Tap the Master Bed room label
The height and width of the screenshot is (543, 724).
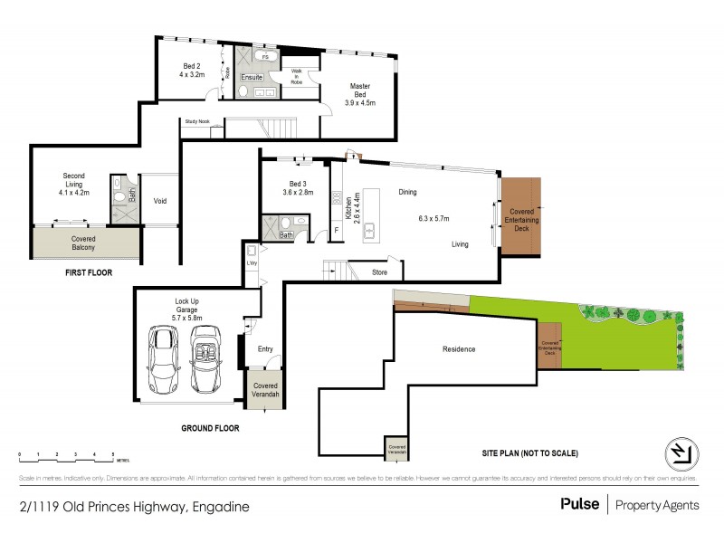pos(362,95)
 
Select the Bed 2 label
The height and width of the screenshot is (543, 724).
pos(192,71)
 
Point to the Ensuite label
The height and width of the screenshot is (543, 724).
pos(252,78)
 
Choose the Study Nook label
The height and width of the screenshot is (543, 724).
pos(196,120)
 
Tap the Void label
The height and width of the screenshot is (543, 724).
pos(160,201)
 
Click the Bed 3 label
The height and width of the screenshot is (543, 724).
pos(298,186)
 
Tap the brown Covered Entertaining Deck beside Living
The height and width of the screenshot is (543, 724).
pos(520,215)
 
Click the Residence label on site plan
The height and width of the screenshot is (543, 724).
pos(459,349)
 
